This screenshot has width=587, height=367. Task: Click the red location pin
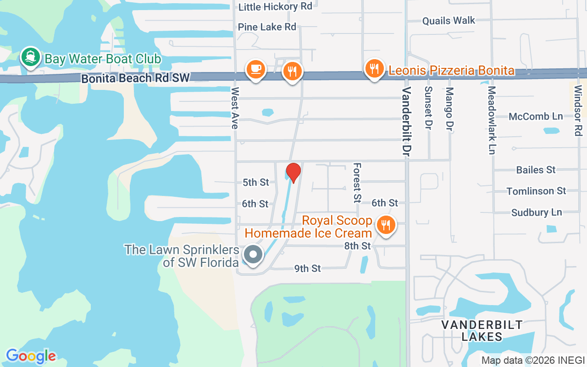(x=293, y=172)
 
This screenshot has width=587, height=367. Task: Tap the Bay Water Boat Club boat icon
(x=31, y=57)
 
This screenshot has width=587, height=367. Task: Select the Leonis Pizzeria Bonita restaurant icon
(x=375, y=69)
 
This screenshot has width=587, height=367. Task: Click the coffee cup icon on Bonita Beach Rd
(x=255, y=69)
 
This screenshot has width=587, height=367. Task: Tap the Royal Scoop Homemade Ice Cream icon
(x=386, y=225)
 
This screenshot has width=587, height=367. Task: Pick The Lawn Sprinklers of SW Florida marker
(x=252, y=255)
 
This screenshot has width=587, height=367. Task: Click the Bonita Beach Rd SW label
(x=135, y=78)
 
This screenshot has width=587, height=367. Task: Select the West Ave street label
(x=235, y=108)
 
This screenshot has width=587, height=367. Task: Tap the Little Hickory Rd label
(x=275, y=6)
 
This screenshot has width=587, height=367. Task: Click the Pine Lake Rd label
(x=267, y=27)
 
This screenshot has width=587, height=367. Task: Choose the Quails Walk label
(x=449, y=21)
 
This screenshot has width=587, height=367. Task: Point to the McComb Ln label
(x=536, y=117)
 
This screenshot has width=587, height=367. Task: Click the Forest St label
(x=357, y=183)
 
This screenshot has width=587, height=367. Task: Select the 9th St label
(x=307, y=268)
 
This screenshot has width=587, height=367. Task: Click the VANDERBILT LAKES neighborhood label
(x=482, y=331)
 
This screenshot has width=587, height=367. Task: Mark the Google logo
(x=31, y=356)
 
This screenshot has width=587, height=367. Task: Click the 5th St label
(x=256, y=182)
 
